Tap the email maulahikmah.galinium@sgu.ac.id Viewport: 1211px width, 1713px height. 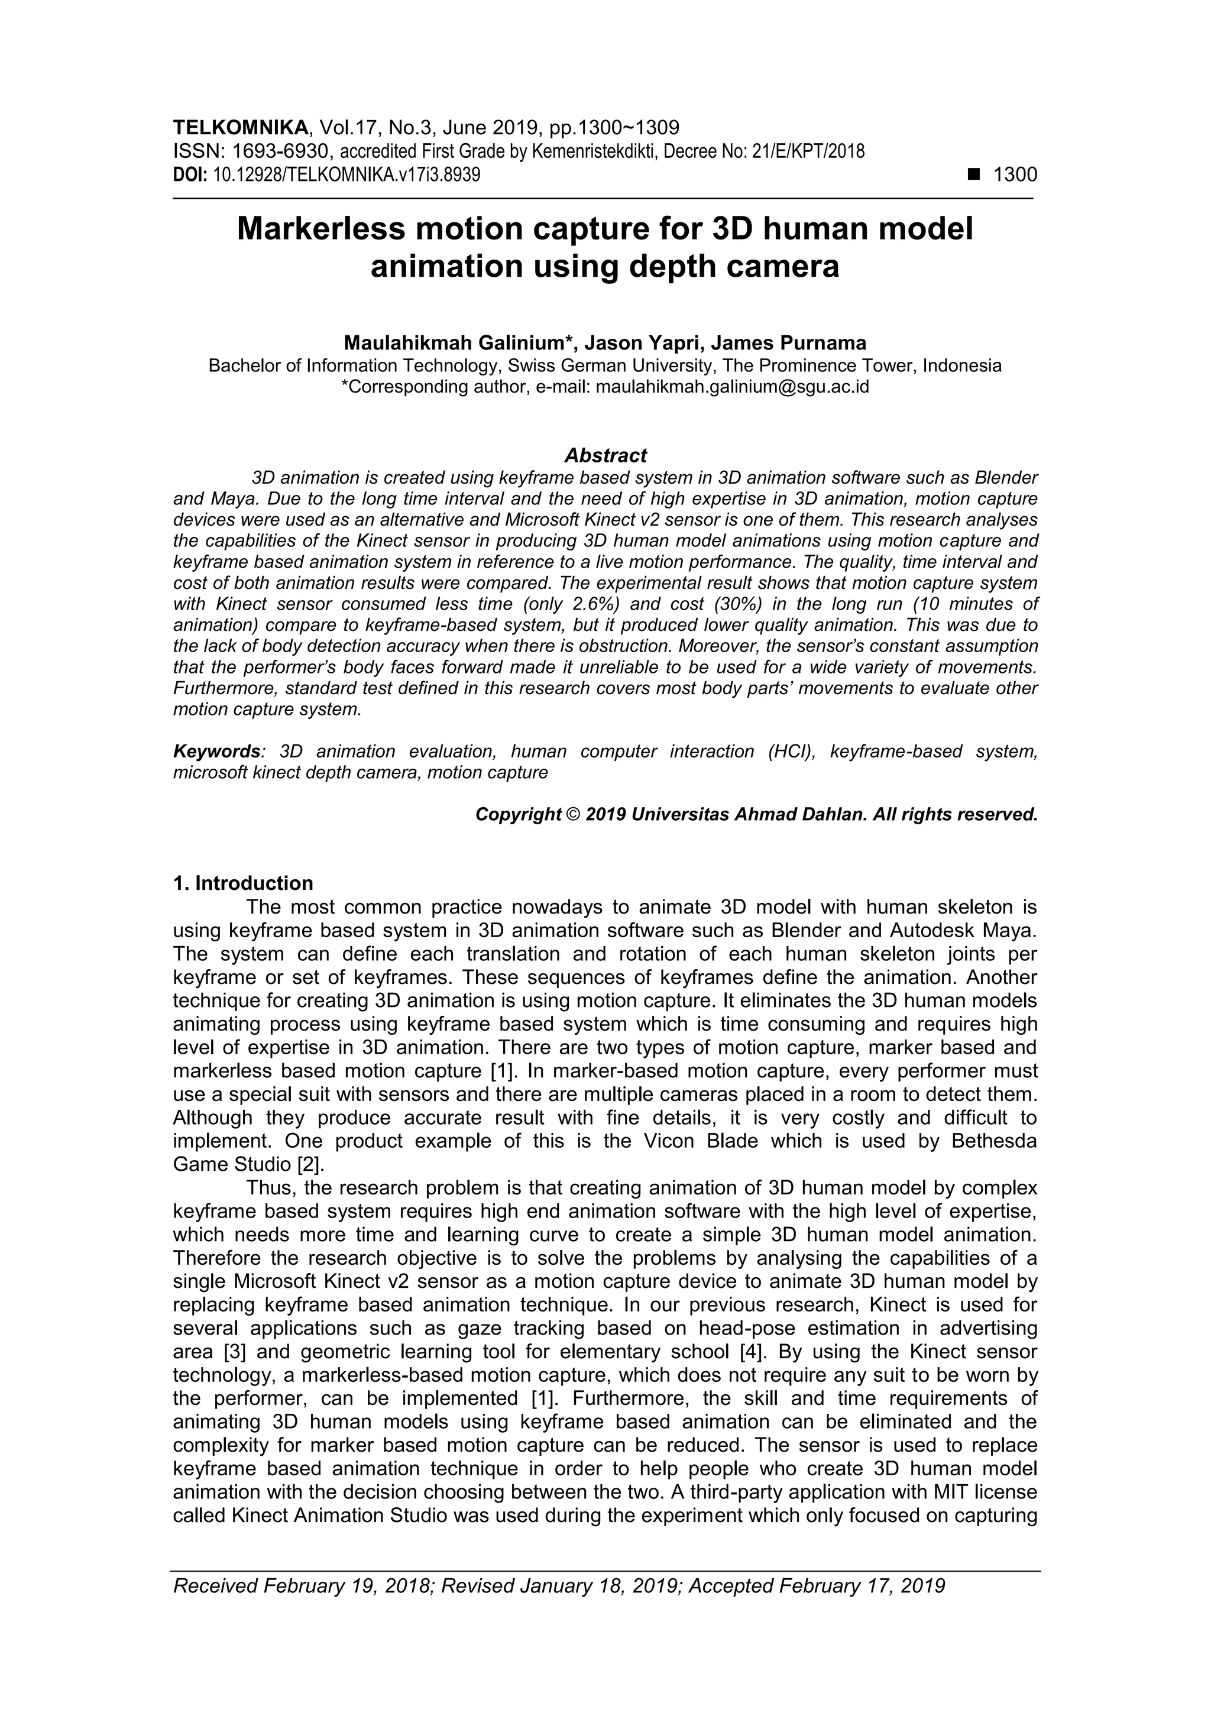click(x=732, y=387)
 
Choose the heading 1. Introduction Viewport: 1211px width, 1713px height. click(x=243, y=883)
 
